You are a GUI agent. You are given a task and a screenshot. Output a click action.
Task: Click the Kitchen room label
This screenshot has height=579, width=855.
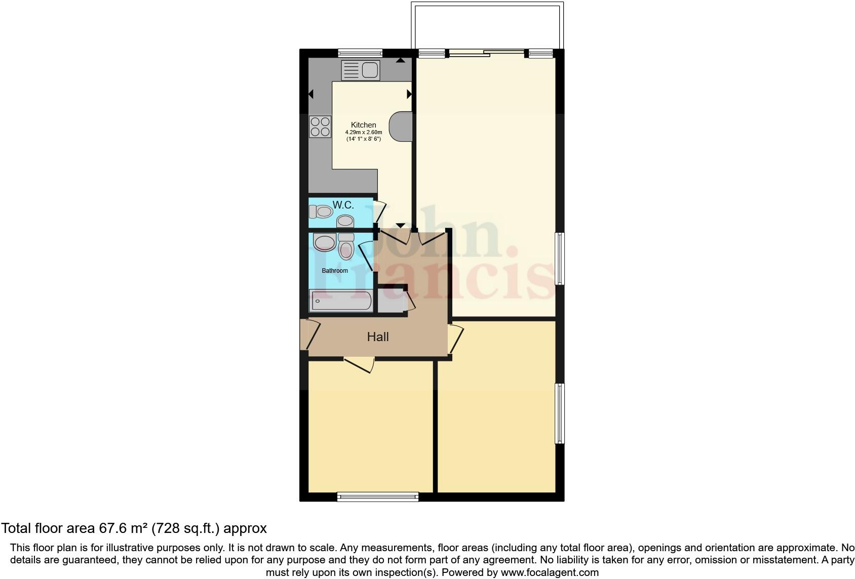tap(363, 125)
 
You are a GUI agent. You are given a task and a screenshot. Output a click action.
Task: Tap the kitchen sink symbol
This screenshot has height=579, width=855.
tap(360, 70)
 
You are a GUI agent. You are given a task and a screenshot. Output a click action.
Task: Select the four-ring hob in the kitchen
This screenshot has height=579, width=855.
tap(320, 127)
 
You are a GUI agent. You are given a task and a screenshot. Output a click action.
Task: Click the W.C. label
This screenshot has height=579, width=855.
tap(343, 205)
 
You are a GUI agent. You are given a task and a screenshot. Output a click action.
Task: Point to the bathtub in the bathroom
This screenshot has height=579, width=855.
tap(340, 301)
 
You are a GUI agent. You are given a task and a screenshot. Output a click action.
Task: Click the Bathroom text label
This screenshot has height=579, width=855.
tap(335, 271)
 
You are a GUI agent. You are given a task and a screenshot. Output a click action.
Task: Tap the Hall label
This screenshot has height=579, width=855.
tap(378, 337)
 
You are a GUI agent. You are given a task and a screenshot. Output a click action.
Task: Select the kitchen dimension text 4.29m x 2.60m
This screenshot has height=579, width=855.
tap(364, 133)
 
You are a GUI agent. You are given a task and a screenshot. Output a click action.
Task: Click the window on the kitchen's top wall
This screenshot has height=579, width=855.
tap(360, 52)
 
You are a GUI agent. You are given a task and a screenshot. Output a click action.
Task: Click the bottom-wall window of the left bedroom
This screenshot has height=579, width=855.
tap(378, 497)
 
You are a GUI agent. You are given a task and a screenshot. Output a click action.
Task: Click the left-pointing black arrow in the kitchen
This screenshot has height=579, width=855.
tap(310, 94)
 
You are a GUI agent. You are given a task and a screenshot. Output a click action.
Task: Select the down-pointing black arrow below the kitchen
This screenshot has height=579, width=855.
tap(400, 225)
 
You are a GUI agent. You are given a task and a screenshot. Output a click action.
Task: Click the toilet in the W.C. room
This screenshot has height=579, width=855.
tap(321, 211)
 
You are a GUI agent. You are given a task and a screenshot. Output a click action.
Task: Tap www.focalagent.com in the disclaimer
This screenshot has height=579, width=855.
tap(549, 572)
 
